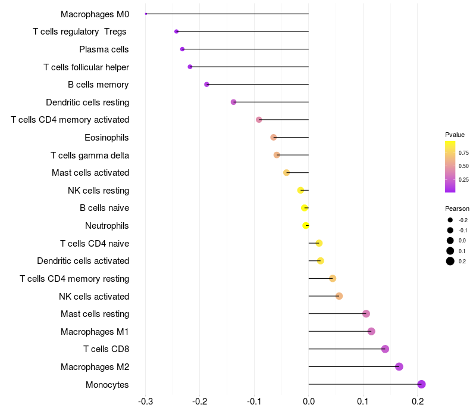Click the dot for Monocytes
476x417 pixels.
(421, 384)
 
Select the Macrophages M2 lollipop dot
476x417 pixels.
(399, 366)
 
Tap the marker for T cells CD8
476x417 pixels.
(385, 349)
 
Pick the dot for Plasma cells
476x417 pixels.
(182, 49)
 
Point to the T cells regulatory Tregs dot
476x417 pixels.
(176, 32)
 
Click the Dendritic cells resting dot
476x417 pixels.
(233, 102)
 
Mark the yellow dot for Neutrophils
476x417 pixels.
(306, 225)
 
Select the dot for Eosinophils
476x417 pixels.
(274, 137)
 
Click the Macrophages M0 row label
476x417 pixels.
(95, 14)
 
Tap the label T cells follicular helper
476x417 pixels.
(86, 67)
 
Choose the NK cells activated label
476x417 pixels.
(94, 296)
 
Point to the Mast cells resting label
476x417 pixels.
(95, 314)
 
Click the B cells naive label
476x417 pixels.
(104, 208)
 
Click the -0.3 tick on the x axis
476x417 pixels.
(145, 402)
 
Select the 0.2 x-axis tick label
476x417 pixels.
(418, 402)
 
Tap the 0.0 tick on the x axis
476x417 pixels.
(309, 402)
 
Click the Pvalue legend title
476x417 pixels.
(455, 135)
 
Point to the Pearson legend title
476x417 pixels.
(457, 208)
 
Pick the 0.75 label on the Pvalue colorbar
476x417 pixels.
(464, 153)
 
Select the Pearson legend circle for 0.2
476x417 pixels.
(450, 261)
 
